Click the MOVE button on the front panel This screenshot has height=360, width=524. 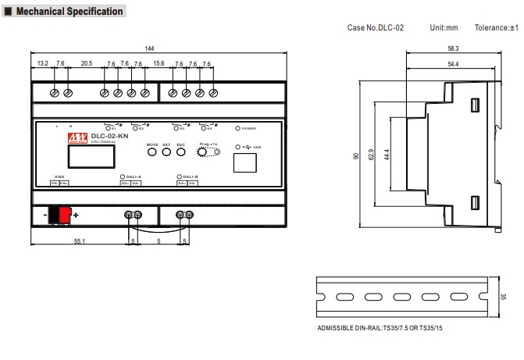[x=151, y=151]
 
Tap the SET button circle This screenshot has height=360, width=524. [x=166, y=151]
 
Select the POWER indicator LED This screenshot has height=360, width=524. [x=238, y=127]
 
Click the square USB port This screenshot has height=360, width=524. [x=245, y=162]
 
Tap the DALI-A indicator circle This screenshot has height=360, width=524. [x=122, y=177]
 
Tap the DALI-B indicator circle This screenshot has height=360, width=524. [x=180, y=177]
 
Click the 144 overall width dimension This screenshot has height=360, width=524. [x=149, y=48]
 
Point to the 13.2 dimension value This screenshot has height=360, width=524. [x=42, y=63]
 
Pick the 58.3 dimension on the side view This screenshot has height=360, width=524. [x=453, y=48]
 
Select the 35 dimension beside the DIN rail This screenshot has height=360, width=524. [x=504, y=298]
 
